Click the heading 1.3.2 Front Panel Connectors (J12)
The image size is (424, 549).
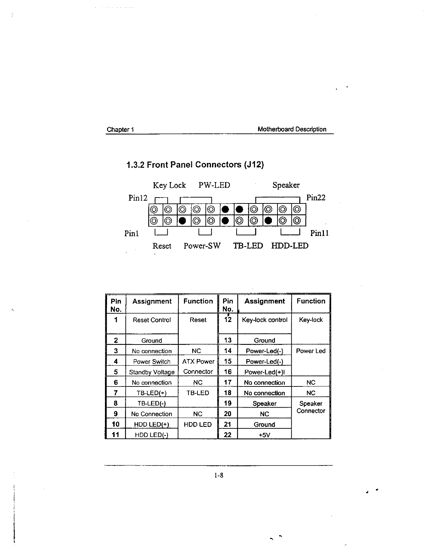[195, 164]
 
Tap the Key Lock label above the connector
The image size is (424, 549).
[169, 185]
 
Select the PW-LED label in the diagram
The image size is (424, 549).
[214, 185]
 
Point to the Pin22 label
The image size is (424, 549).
[316, 198]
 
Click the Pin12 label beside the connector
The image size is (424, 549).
[138, 198]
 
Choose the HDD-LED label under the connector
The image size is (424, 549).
[290, 246]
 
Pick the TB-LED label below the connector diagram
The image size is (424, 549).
[248, 246]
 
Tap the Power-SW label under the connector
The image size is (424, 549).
[202, 246]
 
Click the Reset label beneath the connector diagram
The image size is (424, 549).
[162, 246]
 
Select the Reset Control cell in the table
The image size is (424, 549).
[152, 320]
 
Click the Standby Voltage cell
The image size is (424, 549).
[152, 372]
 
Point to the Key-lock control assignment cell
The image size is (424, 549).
[265, 320]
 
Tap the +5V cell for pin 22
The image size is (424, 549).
[264, 435]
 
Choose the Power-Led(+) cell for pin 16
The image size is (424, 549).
[264, 372]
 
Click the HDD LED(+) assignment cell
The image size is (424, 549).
[152, 424]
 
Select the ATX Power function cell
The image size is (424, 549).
[198, 362]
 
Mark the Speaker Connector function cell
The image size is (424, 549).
[311, 407]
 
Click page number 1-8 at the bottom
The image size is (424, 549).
[219, 475]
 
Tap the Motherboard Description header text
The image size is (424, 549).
[292, 129]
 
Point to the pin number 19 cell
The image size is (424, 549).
[228, 403]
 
